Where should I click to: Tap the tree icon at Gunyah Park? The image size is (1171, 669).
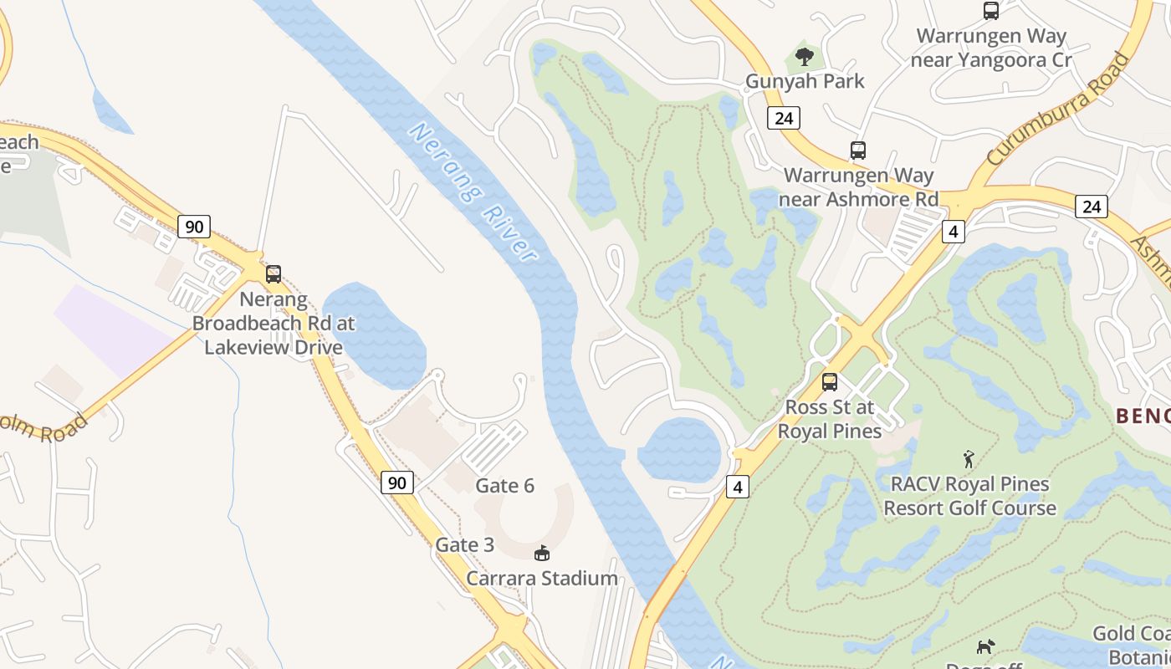click(805, 57)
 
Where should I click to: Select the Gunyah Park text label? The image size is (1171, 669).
click(805, 81)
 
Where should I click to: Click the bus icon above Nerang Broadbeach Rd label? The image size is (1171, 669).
click(274, 274)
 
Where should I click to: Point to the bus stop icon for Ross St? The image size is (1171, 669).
click(829, 382)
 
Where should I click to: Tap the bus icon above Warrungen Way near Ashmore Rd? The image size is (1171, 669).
click(857, 151)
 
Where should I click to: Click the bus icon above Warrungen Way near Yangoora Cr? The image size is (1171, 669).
click(991, 11)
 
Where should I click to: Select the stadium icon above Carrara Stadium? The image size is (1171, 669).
click(542, 553)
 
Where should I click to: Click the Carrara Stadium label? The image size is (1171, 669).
click(542, 578)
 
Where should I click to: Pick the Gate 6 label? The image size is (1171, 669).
click(504, 486)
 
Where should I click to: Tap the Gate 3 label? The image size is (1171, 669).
click(465, 545)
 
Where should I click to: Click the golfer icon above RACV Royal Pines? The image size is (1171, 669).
click(969, 459)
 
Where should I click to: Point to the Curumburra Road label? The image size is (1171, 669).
click(1058, 108)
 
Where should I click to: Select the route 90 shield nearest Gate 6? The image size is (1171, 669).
click(397, 483)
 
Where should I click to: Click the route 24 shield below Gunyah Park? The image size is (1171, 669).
click(784, 118)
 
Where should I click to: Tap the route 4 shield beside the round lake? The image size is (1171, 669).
click(737, 487)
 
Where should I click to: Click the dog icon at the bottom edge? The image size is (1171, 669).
click(986, 646)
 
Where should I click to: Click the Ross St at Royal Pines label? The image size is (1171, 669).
click(829, 419)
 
